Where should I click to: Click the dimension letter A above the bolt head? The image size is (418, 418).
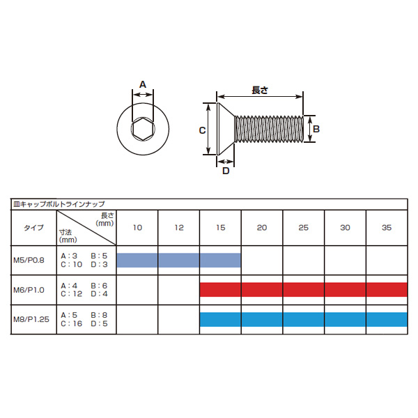[143, 84]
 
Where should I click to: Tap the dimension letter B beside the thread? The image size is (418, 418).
[316, 129]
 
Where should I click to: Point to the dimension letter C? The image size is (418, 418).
[202, 130]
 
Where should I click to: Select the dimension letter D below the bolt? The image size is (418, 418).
[226, 171]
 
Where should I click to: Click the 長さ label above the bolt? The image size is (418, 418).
[260, 90]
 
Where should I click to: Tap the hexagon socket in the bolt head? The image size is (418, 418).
[143, 129]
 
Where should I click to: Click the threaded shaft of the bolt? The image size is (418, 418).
[269, 129]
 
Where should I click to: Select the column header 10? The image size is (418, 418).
[137, 227]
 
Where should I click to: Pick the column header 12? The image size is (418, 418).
[179, 227]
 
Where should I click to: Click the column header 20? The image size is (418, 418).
[262, 227]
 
